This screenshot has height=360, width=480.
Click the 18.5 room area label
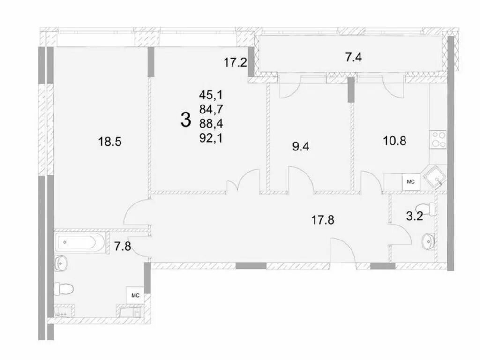(x=110, y=142)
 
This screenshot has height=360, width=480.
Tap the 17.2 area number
(x=235, y=62)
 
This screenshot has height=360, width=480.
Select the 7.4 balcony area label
(x=353, y=57)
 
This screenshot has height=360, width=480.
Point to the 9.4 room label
(x=301, y=147)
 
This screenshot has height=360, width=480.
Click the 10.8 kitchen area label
(x=395, y=141)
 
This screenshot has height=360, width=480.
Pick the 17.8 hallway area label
(x=322, y=219)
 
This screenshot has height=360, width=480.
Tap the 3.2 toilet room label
(x=414, y=217)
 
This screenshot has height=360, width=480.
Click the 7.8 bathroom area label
(x=123, y=246)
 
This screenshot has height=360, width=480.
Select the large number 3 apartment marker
(x=186, y=120)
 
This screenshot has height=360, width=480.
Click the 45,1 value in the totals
(x=211, y=95)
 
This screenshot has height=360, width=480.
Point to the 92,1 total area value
(x=211, y=139)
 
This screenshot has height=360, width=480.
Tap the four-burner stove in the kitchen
(x=438, y=139)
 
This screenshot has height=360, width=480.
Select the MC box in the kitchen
(x=411, y=182)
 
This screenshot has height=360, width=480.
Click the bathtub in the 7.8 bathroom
(x=80, y=242)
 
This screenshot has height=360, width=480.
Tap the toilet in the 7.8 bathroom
(x=64, y=289)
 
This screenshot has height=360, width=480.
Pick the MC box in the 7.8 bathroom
(x=135, y=295)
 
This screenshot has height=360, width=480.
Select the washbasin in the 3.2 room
(x=428, y=240)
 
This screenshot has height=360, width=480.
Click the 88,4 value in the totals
(x=211, y=124)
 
